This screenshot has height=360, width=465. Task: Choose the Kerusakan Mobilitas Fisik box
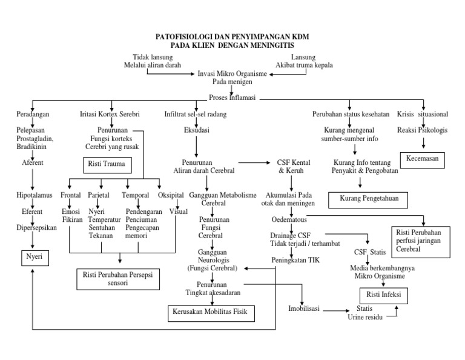coord(211,313)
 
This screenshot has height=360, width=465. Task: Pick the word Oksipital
coord(172,195)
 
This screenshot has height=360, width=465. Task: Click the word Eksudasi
coord(196,130)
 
